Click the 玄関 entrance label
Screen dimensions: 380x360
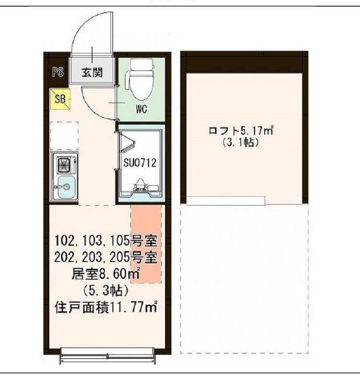click(92, 73)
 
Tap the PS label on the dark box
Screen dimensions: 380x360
click(58, 73)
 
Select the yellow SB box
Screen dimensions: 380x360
click(61, 98)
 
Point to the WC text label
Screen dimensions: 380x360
click(141, 110)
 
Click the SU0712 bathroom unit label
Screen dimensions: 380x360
click(141, 163)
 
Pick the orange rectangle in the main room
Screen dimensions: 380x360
click(146, 243)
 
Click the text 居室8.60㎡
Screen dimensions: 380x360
click(106, 274)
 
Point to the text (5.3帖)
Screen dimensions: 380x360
click(106, 291)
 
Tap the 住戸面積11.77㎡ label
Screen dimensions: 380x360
click(106, 308)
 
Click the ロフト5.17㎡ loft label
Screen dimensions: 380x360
click(241, 130)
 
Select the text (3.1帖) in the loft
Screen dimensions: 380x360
click(241, 143)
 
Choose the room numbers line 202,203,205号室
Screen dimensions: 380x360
click(106, 256)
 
